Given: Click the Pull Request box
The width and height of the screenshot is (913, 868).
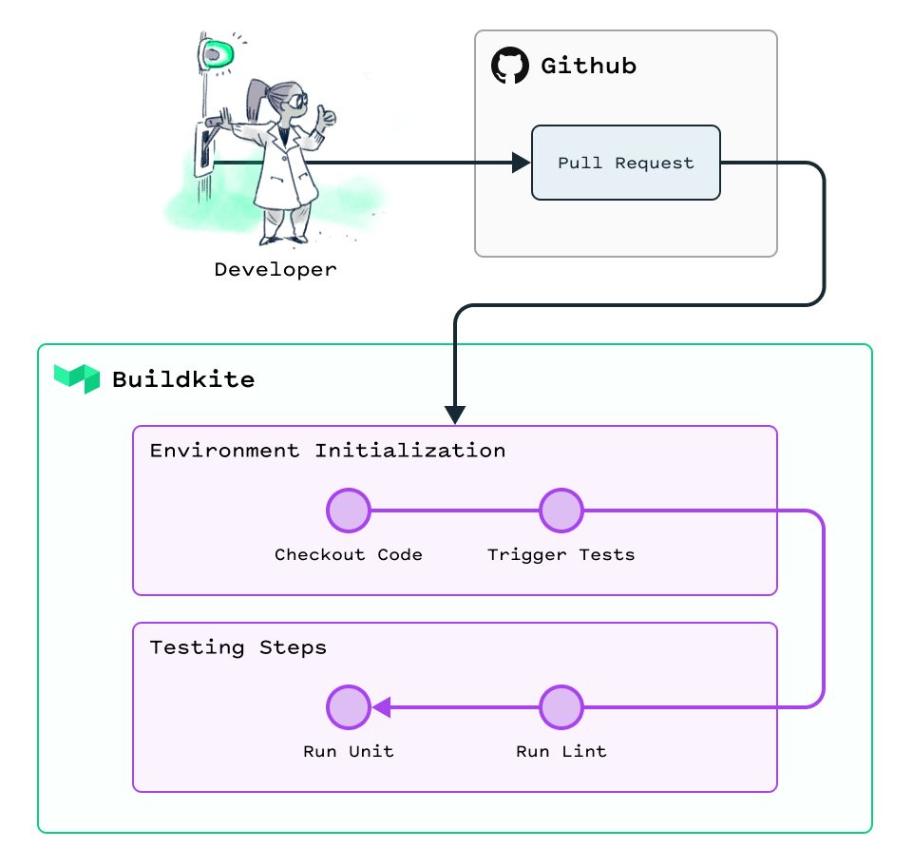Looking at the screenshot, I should pos(625,163).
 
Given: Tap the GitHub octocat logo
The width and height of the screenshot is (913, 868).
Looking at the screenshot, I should pos(509,66).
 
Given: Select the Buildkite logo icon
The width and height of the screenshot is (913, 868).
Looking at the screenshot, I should pos(77,378).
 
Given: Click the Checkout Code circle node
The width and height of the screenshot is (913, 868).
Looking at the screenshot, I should pos(348,511).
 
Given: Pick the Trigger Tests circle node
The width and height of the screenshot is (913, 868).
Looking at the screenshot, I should pos(561,511).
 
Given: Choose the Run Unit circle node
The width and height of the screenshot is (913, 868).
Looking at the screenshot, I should pos(348,707).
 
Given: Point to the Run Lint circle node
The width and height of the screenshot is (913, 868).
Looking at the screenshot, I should pos(561,707).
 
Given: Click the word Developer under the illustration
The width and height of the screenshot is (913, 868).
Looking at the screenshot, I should pos(276,269).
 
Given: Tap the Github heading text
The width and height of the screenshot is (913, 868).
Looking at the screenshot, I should pos(588,66).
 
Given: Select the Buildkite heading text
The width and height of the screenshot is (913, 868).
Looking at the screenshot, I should pos(183,379).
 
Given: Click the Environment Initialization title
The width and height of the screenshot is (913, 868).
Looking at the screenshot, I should pos(328,450).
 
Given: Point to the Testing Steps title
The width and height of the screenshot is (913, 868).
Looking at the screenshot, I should pos(238,647).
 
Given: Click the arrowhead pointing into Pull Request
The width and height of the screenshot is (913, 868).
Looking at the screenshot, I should pos(521,163).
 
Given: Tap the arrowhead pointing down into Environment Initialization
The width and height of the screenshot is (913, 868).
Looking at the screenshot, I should pos(455,415).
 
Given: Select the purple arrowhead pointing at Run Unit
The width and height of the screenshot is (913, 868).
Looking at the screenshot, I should pos(381,707).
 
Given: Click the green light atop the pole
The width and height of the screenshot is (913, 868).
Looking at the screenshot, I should pos(219,53).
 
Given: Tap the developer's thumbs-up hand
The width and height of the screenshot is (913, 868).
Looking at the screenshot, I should pos(328,117).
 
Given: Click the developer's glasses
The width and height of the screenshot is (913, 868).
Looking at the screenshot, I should pos(297,98).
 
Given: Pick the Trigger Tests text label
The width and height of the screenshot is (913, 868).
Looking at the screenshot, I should pos(561,554).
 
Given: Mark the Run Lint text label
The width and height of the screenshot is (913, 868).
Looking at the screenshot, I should pos(561,751).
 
